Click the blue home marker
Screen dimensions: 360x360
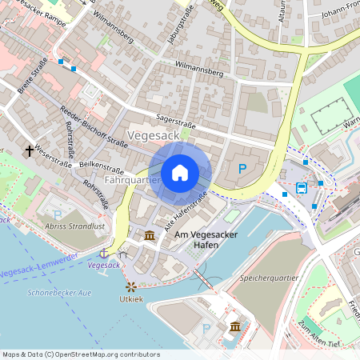[180, 173]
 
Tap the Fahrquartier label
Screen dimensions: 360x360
[132, 181]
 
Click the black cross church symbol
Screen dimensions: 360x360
[30, 150]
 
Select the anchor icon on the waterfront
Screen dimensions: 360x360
[103, 253]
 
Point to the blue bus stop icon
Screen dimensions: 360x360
[301, 189]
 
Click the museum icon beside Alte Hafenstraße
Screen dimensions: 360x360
[150, 235]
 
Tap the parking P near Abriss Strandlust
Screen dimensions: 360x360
[57, 214]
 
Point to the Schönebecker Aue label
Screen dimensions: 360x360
[59, 293]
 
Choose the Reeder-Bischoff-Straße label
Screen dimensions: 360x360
[94, 128]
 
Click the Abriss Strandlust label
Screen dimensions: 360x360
[77, 226]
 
